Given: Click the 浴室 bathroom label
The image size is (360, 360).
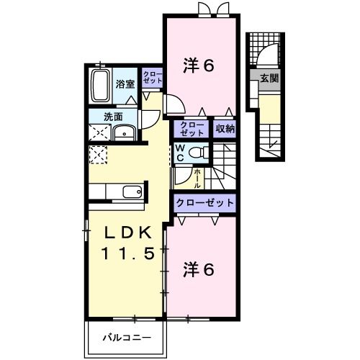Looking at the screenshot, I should pos(125,84).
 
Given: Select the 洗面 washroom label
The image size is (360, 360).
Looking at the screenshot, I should pos(111,116).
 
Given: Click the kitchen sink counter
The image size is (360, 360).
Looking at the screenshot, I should pos(122,192).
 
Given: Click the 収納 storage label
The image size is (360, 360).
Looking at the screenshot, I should pos(225,129).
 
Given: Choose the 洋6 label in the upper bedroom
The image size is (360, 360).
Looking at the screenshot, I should pos(199,66).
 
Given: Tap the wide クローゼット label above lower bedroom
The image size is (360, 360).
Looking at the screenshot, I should pos(205,203).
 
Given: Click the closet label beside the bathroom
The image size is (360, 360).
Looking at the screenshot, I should pos(151,78).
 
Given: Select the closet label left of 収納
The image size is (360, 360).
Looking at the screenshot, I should pos(192,129).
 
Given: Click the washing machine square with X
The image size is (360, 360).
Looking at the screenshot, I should pos(99,132).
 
